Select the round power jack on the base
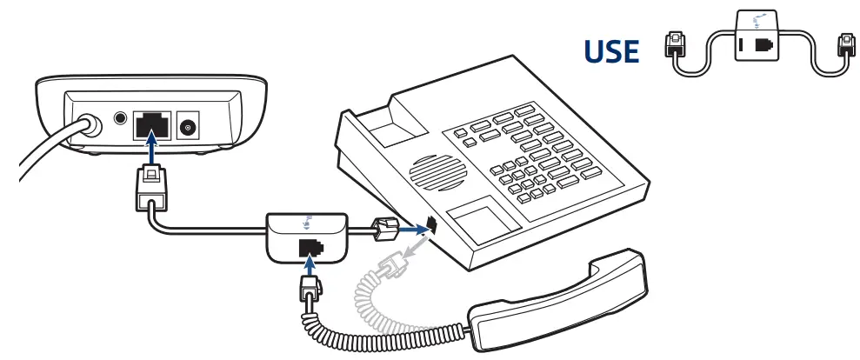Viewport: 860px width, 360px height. [186, 127]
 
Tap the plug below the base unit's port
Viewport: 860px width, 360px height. [150, 188]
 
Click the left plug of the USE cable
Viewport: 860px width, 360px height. [674, 49]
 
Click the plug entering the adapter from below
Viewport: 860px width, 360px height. [309, 287]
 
